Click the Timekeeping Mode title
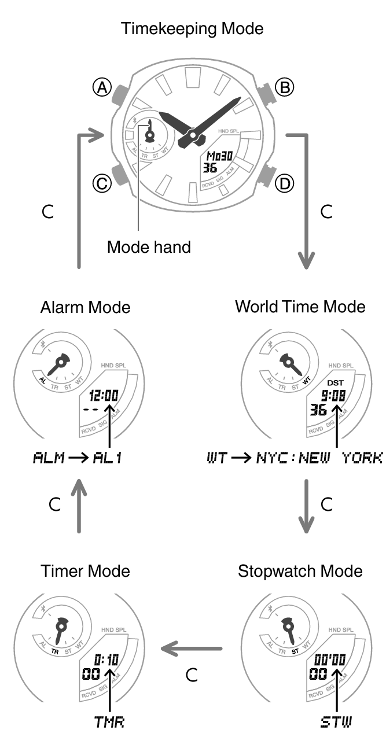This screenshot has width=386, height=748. point(192,28)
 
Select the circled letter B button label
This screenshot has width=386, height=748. point(284,87)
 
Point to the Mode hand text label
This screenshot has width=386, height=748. point(149,247)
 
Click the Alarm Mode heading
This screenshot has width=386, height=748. point(85,307)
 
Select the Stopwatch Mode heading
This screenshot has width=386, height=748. point(300,571)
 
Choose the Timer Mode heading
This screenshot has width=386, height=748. point(85,571)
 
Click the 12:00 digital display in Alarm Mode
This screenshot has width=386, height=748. point(104,396)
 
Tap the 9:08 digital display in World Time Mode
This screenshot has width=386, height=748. point(333,396)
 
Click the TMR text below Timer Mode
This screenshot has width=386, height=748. point(109,722)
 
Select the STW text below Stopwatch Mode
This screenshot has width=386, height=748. point(336,722)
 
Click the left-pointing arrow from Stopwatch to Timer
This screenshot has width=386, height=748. point(191,648)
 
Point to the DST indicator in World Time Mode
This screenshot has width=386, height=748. point(335,382)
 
